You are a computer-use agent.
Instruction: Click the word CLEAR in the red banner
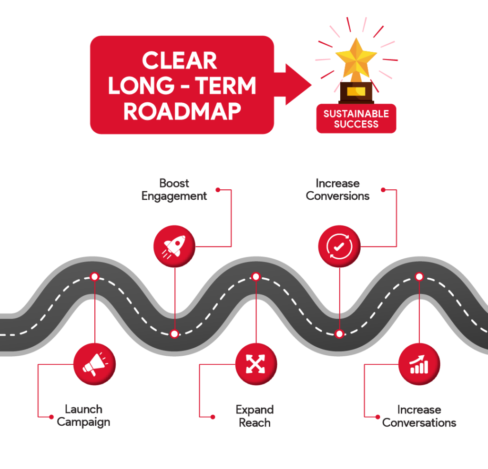tap(180, 61)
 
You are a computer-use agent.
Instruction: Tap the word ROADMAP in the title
tap(182, 111)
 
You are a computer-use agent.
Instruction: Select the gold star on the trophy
tap(356, 57)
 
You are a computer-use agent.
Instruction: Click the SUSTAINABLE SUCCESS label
tap(356, 119)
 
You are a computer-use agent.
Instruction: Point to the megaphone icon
tap(94, 364)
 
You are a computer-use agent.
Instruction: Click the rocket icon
tap(174, 246)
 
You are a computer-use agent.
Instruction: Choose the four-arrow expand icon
tap(256, 364)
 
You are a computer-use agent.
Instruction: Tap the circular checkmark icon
tap(339, 246)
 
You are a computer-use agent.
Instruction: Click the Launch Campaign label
tap(83, 416)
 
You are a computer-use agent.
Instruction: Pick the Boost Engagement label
tap(174, 190)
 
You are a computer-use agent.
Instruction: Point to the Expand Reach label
tap(254, 416)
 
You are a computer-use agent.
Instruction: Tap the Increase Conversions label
tap(337, 190)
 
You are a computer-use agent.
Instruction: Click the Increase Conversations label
tap(419, 416)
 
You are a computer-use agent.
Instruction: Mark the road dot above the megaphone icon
tap(94, 276)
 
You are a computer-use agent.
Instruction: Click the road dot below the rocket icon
tap(174, 333)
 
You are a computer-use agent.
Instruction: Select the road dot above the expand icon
tap(256, 276)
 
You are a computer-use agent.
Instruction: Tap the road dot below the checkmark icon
tap(339, 333)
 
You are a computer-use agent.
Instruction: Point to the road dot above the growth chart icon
tap(419, 276)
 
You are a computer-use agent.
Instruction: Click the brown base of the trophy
tap(356, 92)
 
